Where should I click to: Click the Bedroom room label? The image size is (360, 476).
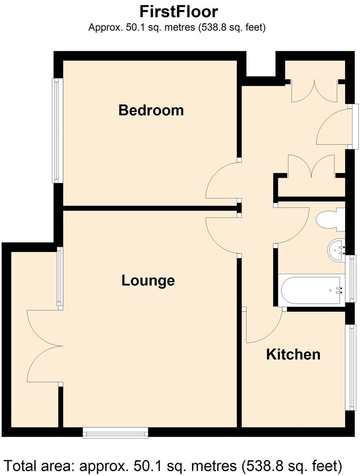pyautogui.click(x=151, y=110)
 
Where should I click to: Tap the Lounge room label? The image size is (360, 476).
pyautogui.click(x=148, y=280)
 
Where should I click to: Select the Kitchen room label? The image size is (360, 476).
pyautogui.click(x=293, y=354)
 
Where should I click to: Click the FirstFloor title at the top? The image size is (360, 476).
pyautogui.click(x=179, y=11)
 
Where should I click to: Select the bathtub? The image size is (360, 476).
pyautogui.click(x=311, y=290)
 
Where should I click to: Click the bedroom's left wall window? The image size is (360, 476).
pyautogui.click(x=56, y=130)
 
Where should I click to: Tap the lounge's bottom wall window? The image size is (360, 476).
pyautogui.click(x=116, y=435)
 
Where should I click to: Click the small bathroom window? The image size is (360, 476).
pyautogui.click(x=352, y=279)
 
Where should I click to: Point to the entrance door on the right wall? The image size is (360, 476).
pyautogui.click(x=334, y=127)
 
